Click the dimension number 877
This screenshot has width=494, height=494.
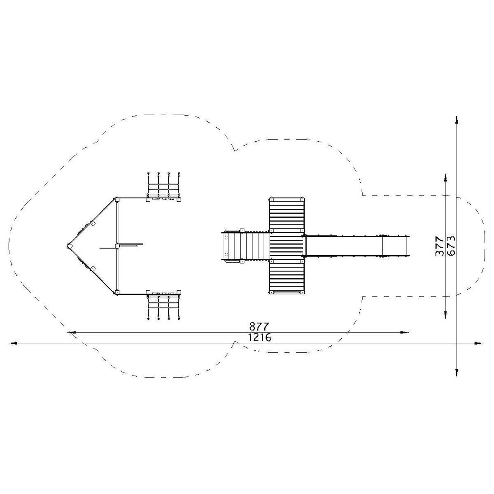coord(259,326)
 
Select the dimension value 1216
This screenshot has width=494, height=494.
coord(260,338)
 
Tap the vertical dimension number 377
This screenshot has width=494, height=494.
coord(439,246)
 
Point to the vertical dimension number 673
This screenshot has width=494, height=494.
coord(451,246)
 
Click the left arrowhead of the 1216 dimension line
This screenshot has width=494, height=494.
coord(13,343)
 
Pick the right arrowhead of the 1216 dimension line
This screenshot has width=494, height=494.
coord(478,343)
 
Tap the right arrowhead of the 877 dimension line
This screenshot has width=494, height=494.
coord(405,333)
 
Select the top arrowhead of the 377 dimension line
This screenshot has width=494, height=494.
coord(445,178)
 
